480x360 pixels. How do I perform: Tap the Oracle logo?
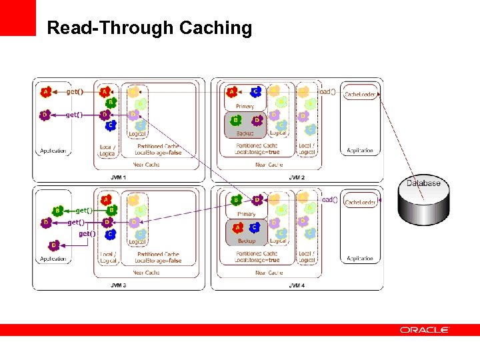coord(425,330)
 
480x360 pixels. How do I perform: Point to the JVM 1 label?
coord(119,177)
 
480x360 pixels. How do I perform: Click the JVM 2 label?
coord(297,177)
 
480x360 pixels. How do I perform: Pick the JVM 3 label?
coord(119,285)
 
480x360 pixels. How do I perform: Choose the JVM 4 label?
coord(297,285)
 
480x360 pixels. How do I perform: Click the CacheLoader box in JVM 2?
coord(361,95)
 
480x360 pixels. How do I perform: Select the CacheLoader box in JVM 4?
coord(361,202)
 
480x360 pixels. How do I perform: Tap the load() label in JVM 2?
coord(327,91)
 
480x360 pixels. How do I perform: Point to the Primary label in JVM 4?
coord(246,214)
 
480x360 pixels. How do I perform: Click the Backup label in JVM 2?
coord(245,133)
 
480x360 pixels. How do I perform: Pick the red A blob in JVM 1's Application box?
coord(45,91)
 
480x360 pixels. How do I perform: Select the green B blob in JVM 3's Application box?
coord(57,211)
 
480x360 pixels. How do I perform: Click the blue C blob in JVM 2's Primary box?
coord(255,92)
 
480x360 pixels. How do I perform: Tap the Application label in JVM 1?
coord(53,151)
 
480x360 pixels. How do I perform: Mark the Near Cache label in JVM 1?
coord(147,165)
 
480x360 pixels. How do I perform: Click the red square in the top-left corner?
coord(17,17)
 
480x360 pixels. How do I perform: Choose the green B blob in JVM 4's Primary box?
coord(235,200)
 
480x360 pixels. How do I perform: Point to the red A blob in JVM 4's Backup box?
coord(235,227)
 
